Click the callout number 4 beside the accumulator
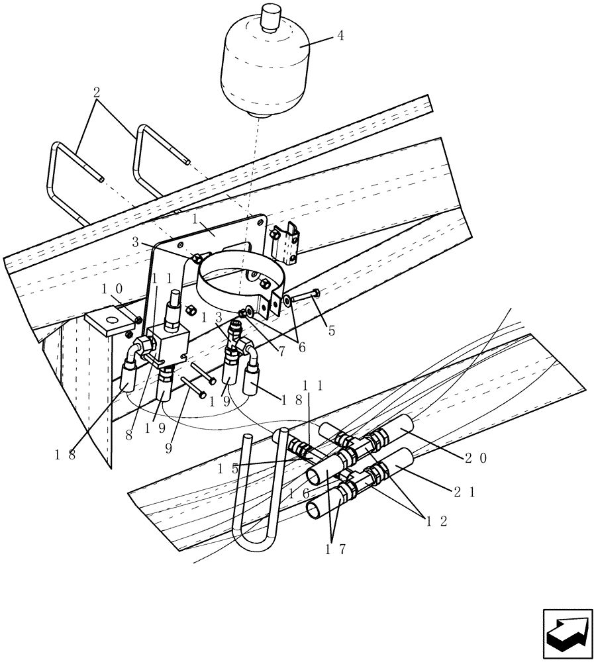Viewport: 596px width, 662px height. pos(340,35)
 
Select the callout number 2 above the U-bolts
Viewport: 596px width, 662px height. pos(97,92)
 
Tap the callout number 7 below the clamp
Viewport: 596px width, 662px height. pos(281,352)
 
